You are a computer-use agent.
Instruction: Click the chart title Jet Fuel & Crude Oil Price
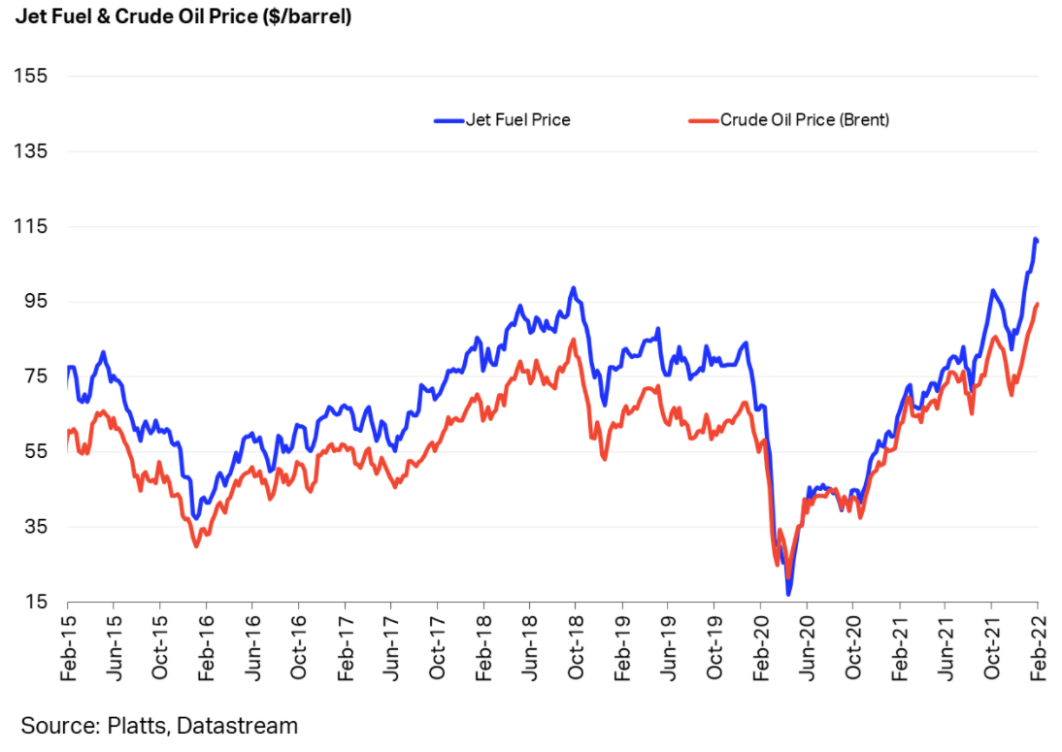(x=183, y=17)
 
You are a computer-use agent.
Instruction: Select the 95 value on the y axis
(x=37, y=301)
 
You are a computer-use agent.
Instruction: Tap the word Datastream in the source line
(x=238, y=725)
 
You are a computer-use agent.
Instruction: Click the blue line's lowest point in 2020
(x=789, y=594)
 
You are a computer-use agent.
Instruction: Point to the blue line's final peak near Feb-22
(x=1036, y=239)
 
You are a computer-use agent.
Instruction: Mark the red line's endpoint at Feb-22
(x=1038, y=304)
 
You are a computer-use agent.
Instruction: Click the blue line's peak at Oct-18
(x=574, y=288)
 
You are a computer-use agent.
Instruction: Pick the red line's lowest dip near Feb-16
(x=196, y=546)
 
